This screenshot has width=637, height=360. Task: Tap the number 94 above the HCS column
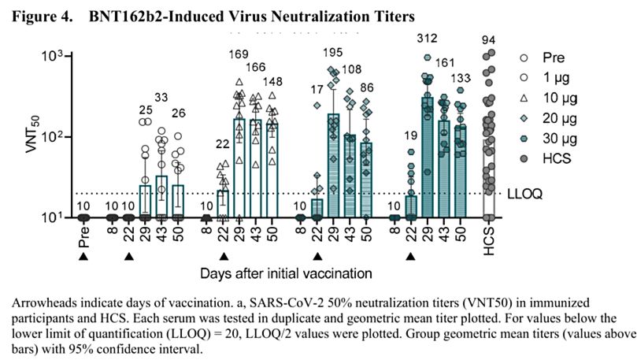pos(489,39)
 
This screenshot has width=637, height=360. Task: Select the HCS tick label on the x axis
pos(490,236)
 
